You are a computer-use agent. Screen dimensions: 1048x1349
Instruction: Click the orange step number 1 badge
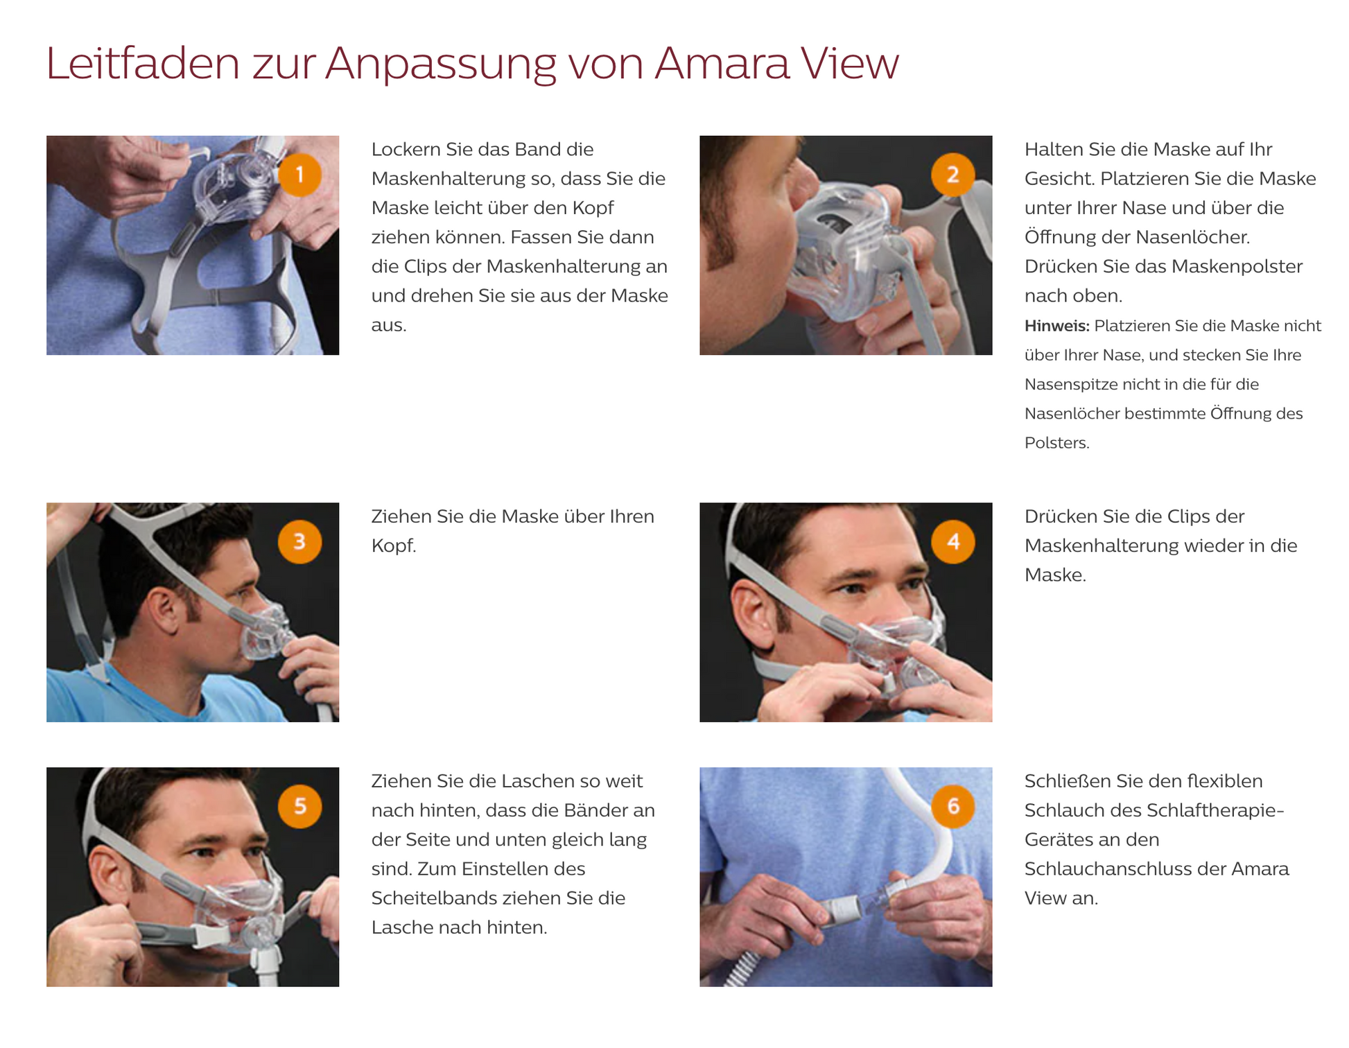point(299,175)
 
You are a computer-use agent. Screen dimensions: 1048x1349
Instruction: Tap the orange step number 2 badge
point(952,175)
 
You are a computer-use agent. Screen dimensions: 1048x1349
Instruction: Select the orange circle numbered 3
point(299,541)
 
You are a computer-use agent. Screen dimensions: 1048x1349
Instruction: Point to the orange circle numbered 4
point(952,541)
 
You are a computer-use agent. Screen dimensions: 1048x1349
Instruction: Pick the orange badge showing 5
point(299,806)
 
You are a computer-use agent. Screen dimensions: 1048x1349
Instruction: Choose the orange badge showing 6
point(952,806)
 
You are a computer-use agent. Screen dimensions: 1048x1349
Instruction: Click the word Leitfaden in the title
point(142,64)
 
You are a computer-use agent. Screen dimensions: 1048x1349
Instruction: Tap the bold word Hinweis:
point(1056,326)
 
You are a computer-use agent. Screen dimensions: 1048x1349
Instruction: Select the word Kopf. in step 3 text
point(393,546)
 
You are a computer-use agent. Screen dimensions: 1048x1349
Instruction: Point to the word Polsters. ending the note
point(1056,443)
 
